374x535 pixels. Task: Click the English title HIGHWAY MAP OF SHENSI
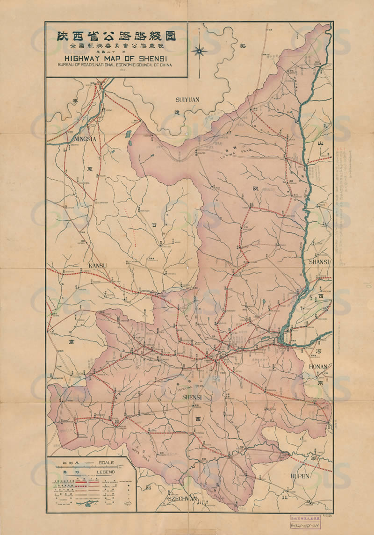(115, 59)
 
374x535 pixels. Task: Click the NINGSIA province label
(85, 139)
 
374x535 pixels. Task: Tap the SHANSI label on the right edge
(319, 262)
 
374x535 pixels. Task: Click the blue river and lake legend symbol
(90, 503)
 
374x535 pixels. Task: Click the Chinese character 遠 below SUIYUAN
(177, 113)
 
